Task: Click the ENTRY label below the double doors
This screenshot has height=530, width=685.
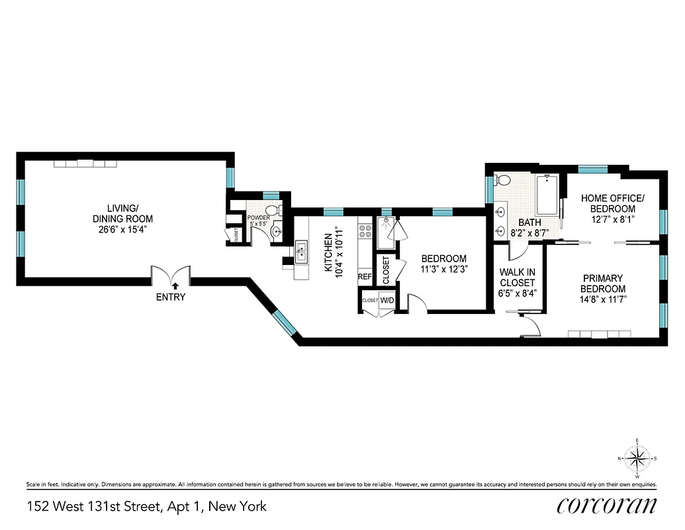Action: coord(171,297)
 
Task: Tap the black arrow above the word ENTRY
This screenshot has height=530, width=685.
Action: coord(175,286)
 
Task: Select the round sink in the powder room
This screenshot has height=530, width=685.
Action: coord(276,232)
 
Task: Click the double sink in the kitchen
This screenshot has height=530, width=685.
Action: coord(302,252)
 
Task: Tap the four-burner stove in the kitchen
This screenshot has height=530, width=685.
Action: coord(365,231)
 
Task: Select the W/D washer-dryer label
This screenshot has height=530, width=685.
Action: coord(387,301)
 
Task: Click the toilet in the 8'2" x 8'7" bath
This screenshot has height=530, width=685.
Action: coord(504,180)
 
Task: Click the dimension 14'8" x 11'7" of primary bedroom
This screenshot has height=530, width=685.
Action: coord(603,299)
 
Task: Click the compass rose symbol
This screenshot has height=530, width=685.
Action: coord(637,458)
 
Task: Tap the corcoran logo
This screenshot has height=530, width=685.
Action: coord(607,506)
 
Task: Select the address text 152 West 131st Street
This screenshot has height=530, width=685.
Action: coord(95,507)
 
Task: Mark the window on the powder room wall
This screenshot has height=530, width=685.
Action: coord(271,195)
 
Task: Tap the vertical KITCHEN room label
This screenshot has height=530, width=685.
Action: coord(328,252)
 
